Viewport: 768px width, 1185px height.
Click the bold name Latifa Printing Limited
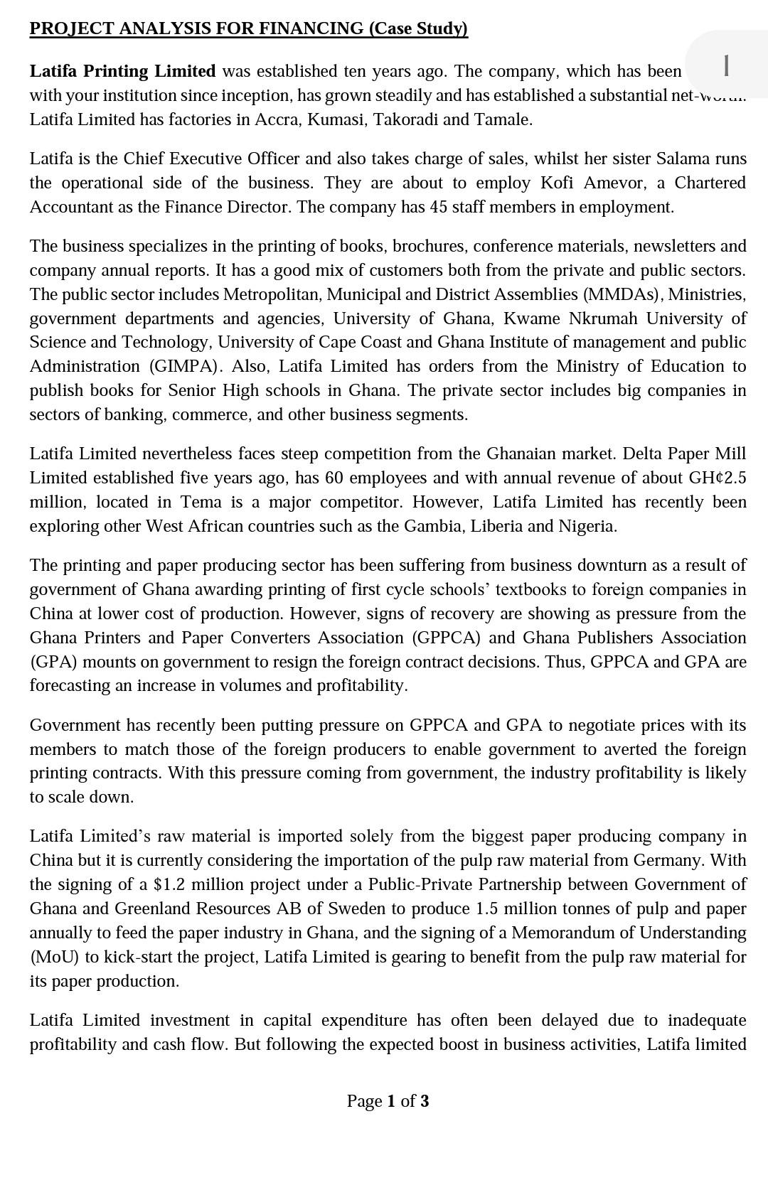click(x=122, y=71)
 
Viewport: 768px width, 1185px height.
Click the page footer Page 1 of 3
click(x=388, y=1101)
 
